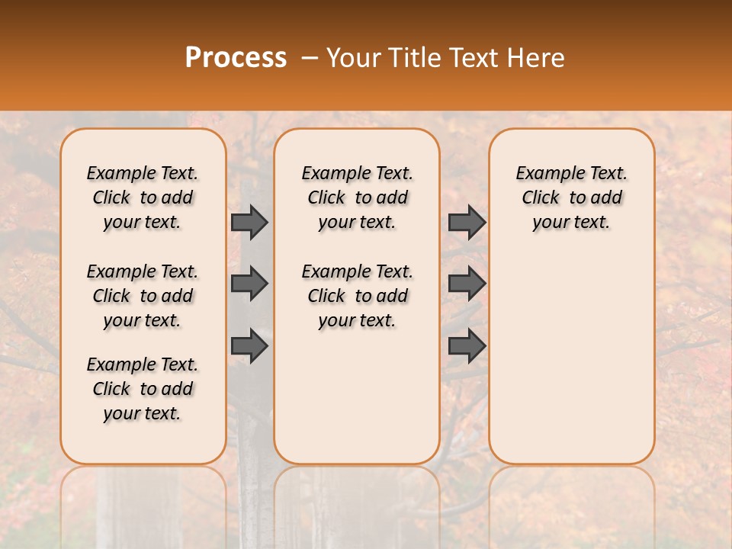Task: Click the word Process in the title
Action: tap(235, 58)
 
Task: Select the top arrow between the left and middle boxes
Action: tap(249, 223)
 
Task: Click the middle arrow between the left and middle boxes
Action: tap(249, 284)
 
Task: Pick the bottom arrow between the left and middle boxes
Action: tap(249, 346)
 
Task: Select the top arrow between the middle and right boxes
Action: tap(467, 223)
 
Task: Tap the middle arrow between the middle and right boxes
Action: tap(467, 284)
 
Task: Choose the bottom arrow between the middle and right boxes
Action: tap(467, 346)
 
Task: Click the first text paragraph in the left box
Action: tap(143, 197)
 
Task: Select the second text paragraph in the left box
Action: tap(143, 296)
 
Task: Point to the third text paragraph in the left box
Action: tap(143, 389)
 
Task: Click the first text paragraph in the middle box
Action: tap(357, 197)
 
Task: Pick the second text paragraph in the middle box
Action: tap(357, 296)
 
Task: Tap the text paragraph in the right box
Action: tap(571, 197)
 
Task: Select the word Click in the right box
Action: tap(541, 198)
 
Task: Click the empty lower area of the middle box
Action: tap(357, 396)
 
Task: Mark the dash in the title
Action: tap(309, 58)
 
